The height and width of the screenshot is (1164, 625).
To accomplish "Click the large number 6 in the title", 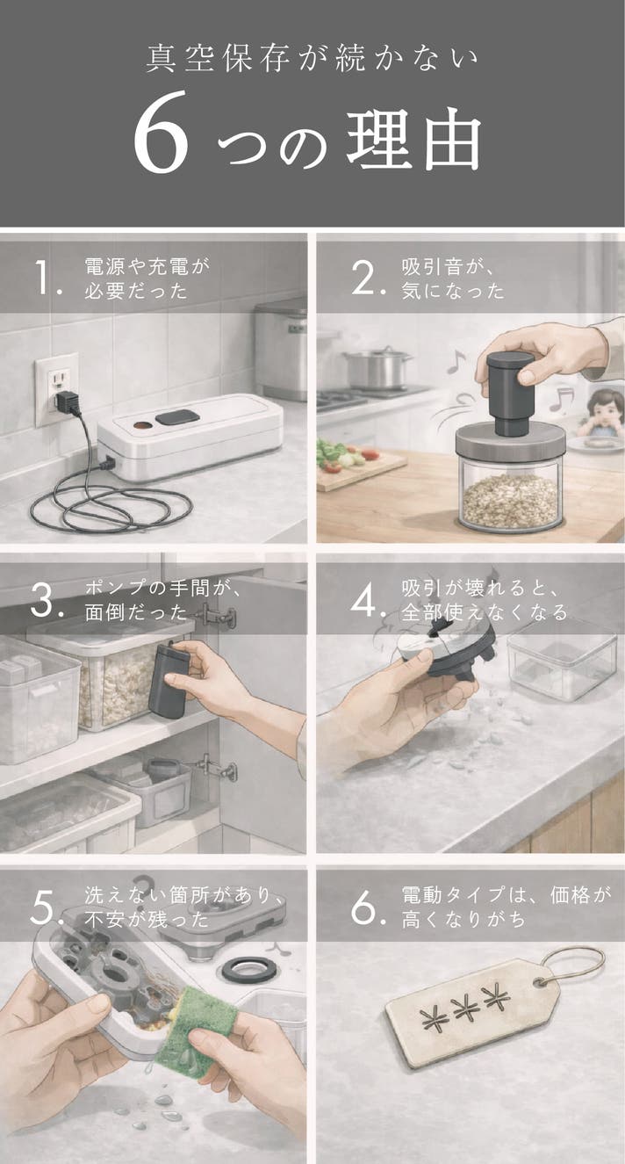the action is coord(161,131).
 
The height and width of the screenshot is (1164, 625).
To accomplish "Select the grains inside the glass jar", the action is coord(510,501).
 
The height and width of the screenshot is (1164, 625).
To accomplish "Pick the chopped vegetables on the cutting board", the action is coord(343,456).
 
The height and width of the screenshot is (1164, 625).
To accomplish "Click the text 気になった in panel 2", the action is coord(453,291).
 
